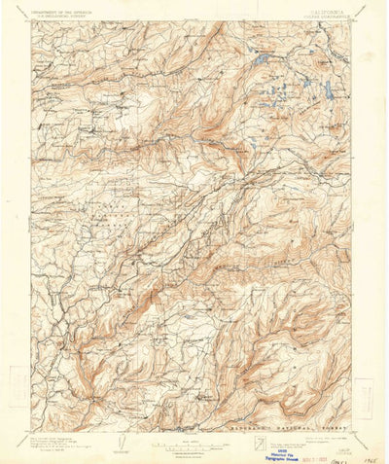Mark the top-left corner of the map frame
30,22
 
